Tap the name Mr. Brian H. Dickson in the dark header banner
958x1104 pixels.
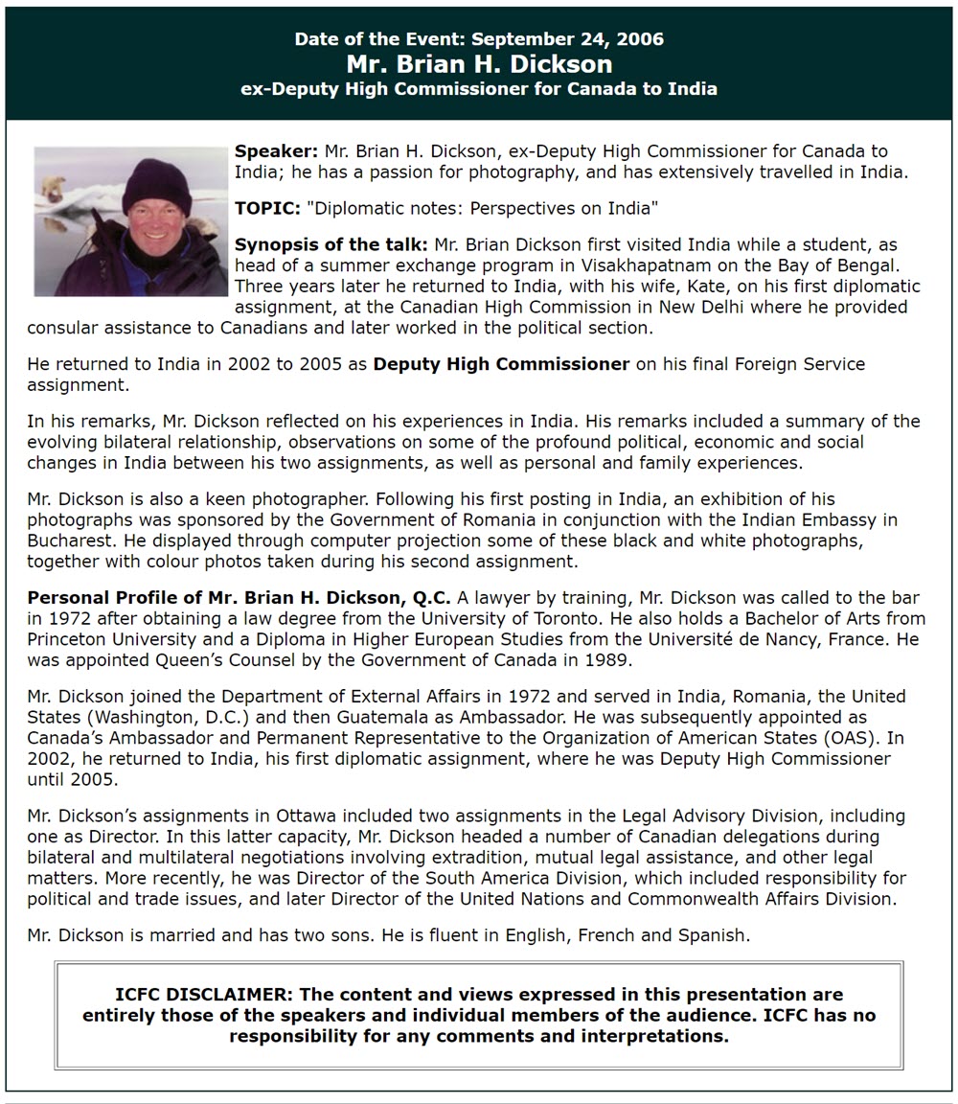[x=479, y=64]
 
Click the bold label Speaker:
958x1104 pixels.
[x=276, y=151]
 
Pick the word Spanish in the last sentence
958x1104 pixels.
[x=713, y=935]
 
